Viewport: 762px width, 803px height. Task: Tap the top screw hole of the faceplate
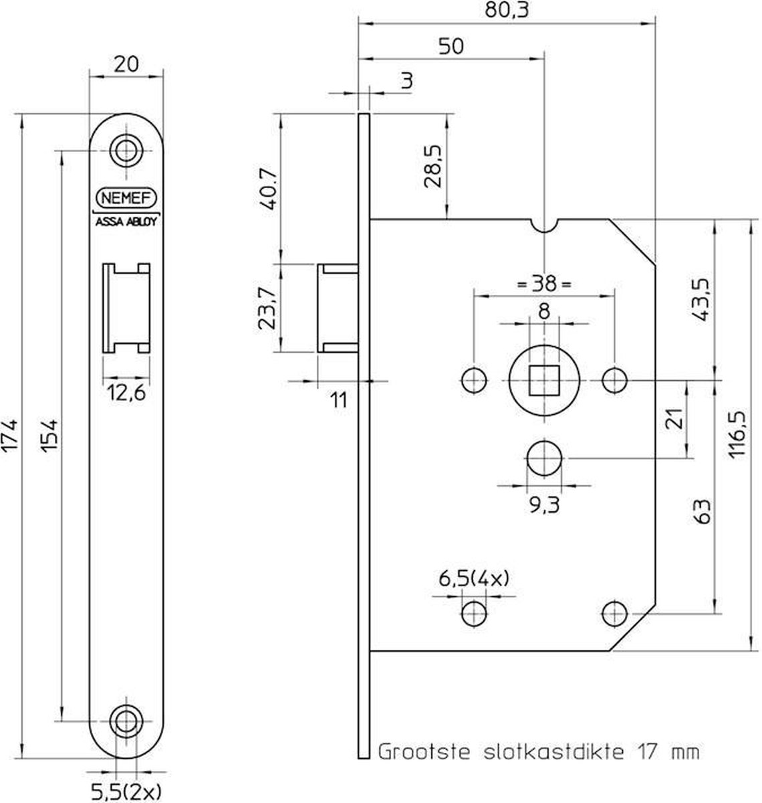(x=125, y=150)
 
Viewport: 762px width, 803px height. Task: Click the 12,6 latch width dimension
(x=126, y=393)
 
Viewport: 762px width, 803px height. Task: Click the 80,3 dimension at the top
(x=505, y=11)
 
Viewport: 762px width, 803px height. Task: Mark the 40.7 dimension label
(x=269, y=191)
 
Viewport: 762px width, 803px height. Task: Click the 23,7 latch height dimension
(x=269, y=307)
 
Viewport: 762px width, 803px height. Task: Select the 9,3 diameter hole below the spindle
(x=545, y=458)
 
